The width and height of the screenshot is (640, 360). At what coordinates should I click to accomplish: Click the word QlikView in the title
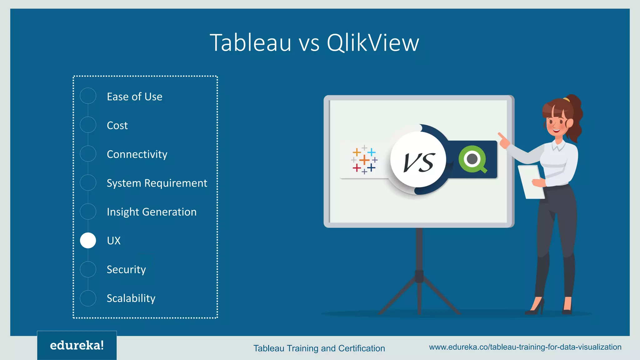click(x=372, y=43)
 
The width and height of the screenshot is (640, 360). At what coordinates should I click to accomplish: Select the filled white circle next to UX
click(x=88, y=241)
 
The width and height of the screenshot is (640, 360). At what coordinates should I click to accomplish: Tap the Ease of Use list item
click(x=134, y=97)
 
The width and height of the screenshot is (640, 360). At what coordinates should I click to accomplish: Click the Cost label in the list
click(x=117, y=125)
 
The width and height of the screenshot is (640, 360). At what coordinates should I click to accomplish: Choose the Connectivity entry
click(x=137, y=154)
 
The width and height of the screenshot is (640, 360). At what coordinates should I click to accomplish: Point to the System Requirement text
click(x=157, y=183)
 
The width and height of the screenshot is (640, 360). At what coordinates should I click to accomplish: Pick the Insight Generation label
click(x=152, y=212)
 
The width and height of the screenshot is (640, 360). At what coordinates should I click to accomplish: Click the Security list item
click(x=126, y=269)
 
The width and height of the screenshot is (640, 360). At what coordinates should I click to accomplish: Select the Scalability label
click(x=131, y=298)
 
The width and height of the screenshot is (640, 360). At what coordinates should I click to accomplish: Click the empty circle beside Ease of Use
click(x=88, y=96)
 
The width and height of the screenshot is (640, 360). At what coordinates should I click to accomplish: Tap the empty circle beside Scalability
click(x=88, y=298)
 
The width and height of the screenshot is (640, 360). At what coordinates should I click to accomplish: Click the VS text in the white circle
click(x=418, y=162)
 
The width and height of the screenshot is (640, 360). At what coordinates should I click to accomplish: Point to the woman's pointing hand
click(x=503, y=141)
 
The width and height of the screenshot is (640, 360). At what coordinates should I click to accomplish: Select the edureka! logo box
click(x=77, y=345)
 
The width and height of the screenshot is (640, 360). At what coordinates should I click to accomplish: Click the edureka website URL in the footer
click(x=525, y=347)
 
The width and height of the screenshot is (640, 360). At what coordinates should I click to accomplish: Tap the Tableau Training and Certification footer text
click(x=319, y=348)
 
